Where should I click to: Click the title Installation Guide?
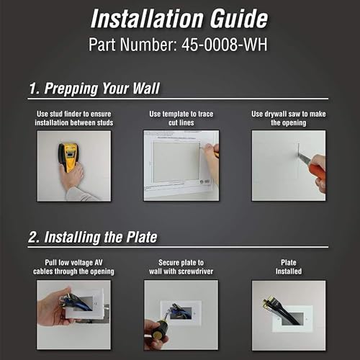[x=179, y=19]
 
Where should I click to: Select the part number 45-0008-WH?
[x=225, y=45]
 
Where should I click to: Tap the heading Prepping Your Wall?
[x=94, y=89]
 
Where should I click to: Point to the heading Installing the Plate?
[x=93, y=237]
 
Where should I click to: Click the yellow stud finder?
[x=68, y=157]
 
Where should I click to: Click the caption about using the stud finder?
[x=74, y=118]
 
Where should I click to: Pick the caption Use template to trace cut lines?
[x=181, y=118]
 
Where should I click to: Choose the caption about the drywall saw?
[x=289, y=118]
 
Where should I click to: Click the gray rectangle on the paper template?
[x=176, y=163]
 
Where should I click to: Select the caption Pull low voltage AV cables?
[x=73, y=267]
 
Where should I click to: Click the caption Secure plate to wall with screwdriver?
[x=181, y=267]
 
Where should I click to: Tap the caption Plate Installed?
[x=289, y=267]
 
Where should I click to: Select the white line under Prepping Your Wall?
[x=178, y=99]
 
